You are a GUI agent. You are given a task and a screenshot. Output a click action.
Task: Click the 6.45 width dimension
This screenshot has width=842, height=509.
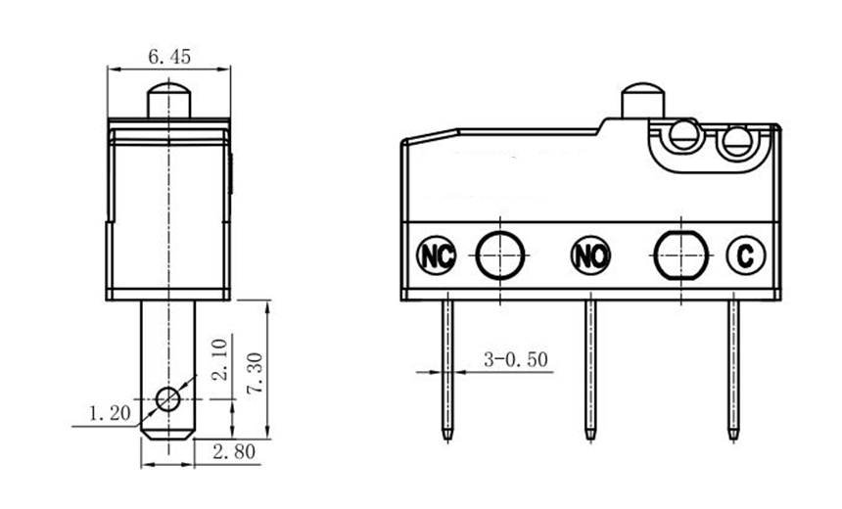(x=168, y=58)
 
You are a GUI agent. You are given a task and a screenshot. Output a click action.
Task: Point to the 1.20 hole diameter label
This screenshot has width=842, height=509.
(x=109, y=414)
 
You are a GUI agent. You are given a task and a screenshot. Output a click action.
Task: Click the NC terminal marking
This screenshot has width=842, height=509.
(x=437, y=256)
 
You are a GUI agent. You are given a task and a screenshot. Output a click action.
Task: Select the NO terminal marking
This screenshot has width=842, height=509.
(x=590, y=256)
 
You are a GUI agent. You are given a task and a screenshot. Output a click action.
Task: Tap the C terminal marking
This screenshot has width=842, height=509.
(x=744, y=256)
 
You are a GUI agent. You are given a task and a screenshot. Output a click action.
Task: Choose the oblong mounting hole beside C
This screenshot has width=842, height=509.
(x=677, y=255)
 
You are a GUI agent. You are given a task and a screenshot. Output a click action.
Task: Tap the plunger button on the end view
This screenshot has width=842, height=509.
(x=168, y=101)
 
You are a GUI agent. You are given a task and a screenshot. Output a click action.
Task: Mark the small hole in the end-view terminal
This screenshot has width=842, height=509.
(x=168, y=399)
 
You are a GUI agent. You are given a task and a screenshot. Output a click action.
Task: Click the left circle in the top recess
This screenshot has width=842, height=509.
(x=684, y=137)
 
